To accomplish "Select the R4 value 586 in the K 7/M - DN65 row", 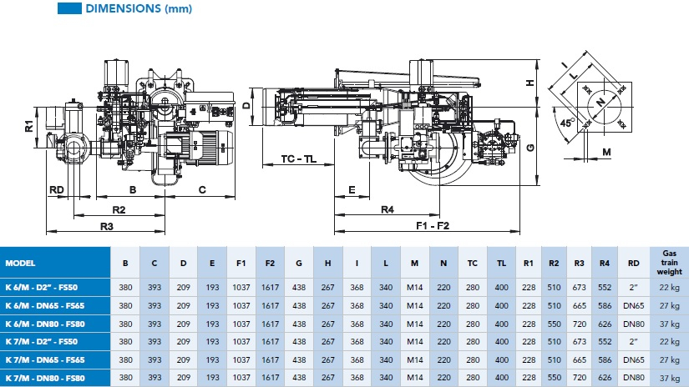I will coord(605,359).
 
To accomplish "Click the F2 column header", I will coord(270,262).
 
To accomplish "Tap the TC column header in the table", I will coord(473,262).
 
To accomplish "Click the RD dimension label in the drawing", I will coord(56,189).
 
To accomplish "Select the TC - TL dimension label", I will coord(298,159).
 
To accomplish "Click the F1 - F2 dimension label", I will coord(433,226).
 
